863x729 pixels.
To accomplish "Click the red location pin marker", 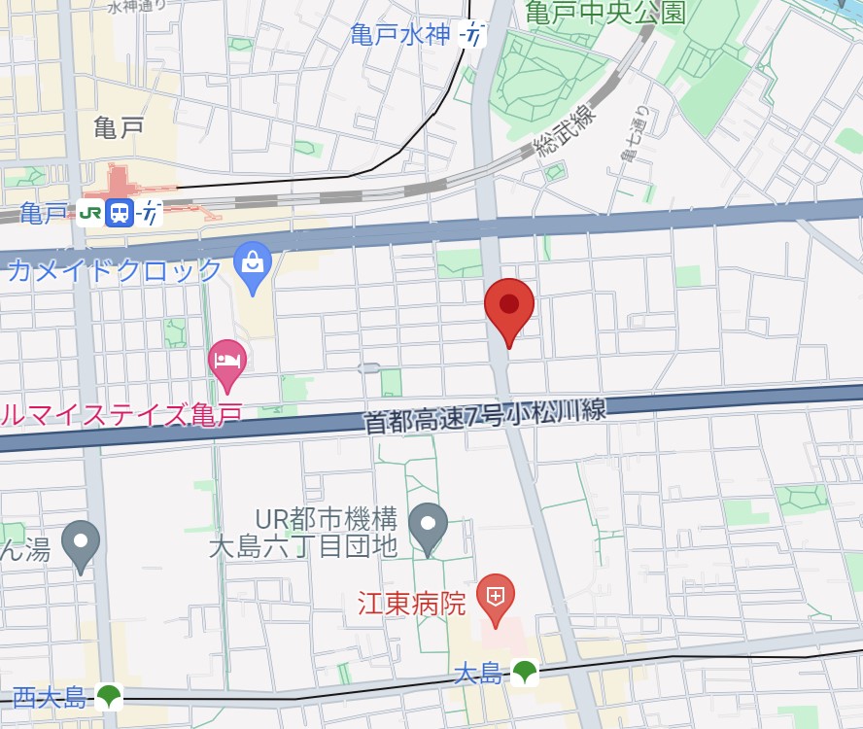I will pyautogui.click(x=509, y=307).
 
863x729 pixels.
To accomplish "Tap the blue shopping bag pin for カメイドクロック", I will pyautogui.click(x=253, y=263).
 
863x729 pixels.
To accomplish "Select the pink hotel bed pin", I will pyautogui.click(x=227, y=362).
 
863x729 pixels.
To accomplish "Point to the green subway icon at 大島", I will pyautogui.click(x=525, y=671).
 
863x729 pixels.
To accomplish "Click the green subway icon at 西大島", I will pyautogui.click(x=108, y=696).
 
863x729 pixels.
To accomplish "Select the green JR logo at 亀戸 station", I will pyautogui.click(x=90, y=212).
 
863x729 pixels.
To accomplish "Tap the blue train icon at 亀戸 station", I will pyautogui.click(x=120, y=212).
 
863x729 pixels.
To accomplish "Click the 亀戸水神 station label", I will pyautogui.click(x=400, y=36).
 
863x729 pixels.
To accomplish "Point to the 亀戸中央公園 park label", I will pyautogui.click(x=605, y=13).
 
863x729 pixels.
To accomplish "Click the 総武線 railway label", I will pyautogui.click(x=563, y=133).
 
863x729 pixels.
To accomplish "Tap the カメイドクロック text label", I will pyautogui.click(x=114, y=269).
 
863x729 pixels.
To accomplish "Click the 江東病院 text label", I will pyautogui.click(x=412, y=604).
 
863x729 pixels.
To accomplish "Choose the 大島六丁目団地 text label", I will pyautogui.click(x=303, y=546).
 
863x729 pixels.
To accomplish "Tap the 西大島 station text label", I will pyautogui.click(x=51, y=696).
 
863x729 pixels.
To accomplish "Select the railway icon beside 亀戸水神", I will pyautogui.click(x=472, y=36).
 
